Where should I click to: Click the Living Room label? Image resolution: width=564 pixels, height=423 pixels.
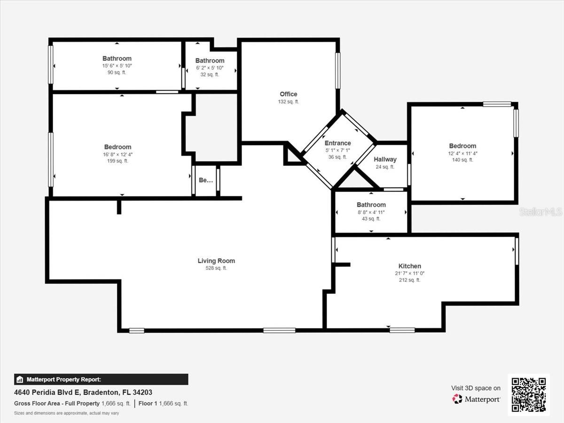click(216, 261)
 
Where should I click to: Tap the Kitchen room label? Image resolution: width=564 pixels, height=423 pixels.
click(410, 266)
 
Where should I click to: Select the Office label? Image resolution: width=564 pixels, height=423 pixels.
click(289, 94)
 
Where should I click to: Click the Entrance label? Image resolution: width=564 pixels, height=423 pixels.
click(337, 143)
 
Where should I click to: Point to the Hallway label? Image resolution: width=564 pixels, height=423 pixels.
click(385, 160)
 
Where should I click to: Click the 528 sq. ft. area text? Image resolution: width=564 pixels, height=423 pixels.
click(216, 268)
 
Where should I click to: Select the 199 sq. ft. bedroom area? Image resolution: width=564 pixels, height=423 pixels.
click(117, 161)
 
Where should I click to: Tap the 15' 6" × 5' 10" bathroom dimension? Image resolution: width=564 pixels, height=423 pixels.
click(117, 66)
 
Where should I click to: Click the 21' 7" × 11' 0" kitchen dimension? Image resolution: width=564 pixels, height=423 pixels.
click(410, 273)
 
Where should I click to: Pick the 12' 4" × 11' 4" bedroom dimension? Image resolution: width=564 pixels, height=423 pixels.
click(462, 153)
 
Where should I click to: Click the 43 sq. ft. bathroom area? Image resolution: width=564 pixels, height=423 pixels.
click(371, 219)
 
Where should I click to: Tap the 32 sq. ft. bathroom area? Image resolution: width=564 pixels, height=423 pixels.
click(210, 75)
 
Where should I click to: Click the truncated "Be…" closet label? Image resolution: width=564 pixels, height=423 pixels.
click(206, 180)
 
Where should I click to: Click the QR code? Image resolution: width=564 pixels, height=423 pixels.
click(528, 395)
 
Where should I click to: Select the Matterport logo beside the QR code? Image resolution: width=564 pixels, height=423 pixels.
click(477, 399)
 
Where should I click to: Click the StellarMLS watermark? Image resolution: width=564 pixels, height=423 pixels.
click(540, 212)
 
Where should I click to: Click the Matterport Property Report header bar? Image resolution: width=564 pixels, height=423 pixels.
click(101, 379)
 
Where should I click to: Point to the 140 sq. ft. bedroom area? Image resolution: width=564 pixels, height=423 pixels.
click(462, 160)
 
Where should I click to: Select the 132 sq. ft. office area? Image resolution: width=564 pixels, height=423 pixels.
click(289, 102)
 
